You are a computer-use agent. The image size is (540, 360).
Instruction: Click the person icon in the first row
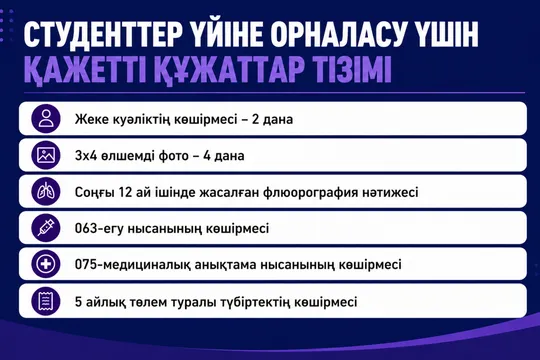[x=46, y=119]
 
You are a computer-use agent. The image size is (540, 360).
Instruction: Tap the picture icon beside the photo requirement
[x=46, y=155]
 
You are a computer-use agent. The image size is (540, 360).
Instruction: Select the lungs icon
[x=46, y=192]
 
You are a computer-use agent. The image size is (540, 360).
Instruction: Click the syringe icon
[x=46, y=228]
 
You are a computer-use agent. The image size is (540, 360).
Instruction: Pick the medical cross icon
[x=46, y=265]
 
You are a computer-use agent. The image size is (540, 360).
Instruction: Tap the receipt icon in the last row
[x=46, y=301]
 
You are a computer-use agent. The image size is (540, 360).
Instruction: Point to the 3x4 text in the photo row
[x=86, y=156]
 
